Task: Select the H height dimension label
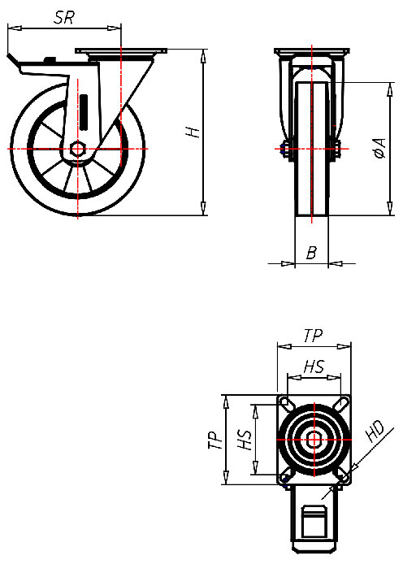pos(192,132)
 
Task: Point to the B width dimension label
pos(310,254)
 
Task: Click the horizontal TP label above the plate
pos(313,335)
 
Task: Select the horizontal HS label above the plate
pos(313,368)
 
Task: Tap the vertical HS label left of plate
pos(243,440)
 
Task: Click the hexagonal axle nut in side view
pos(79,149)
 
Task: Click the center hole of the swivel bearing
pos(314,439)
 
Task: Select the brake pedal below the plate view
pos(314,520)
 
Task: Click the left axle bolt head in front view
pos(284,149)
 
